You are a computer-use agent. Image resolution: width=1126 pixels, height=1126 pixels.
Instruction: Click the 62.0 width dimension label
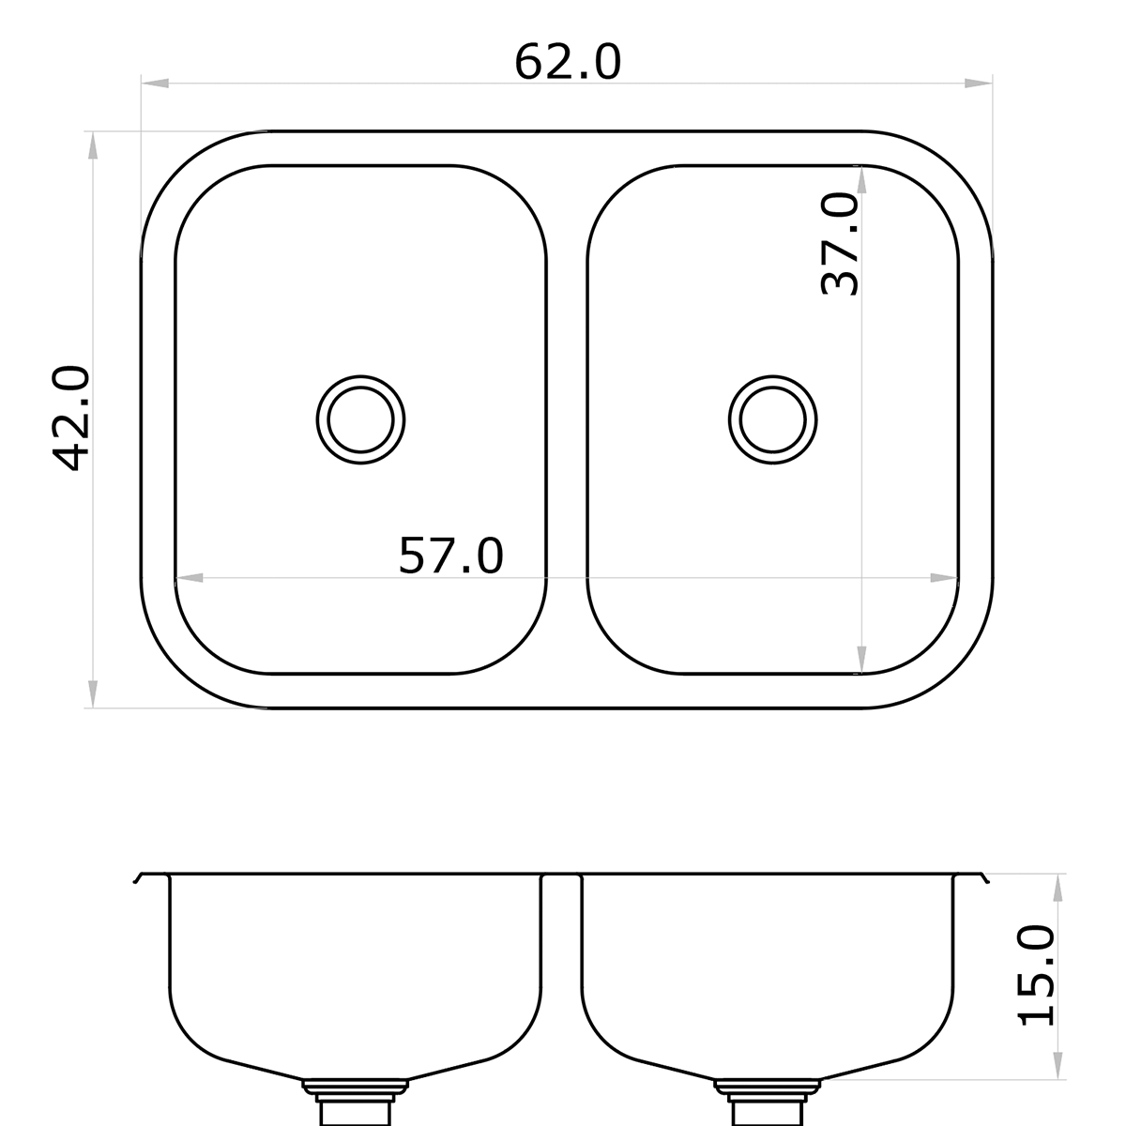[x=567, y=63]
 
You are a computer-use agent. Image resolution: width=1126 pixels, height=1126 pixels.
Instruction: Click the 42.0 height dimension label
[x=71, y=418]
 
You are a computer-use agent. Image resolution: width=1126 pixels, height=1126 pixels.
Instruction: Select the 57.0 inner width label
[x=451, y=555]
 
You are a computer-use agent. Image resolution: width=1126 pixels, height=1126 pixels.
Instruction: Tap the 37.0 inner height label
[x=840, y=244]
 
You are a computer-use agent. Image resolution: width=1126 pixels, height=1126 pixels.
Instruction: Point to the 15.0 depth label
[x=1036, y=975]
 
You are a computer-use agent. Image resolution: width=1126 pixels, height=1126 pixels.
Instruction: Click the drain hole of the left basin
[x=360, y=418]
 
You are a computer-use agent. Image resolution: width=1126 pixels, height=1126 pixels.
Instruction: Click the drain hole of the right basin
[x=772, y=418]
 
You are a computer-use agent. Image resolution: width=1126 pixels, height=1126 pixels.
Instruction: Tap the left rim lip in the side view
[x=141, y=878]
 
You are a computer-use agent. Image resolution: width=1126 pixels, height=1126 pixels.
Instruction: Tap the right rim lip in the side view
[x=982, y=878]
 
